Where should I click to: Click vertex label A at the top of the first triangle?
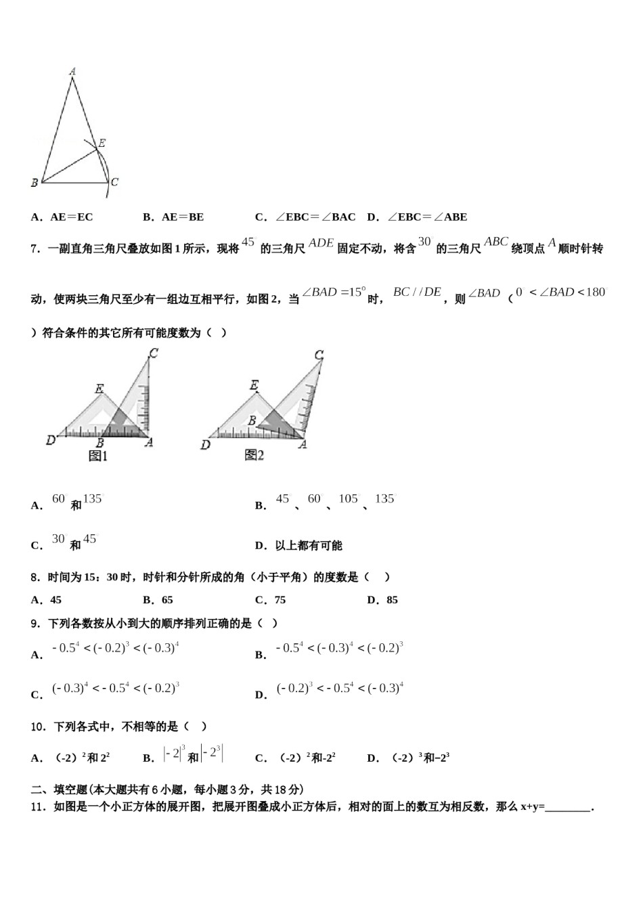pos(72,70)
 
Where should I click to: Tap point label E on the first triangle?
pos(102,143)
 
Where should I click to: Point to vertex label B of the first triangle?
pos(34,182)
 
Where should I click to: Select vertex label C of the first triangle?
pos(114,181)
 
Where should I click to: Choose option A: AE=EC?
pos(62,217)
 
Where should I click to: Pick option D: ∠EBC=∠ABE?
pos(417,217)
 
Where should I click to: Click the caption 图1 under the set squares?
pos(98,456)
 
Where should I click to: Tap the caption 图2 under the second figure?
pos(254,456)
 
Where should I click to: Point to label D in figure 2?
pos(205,444)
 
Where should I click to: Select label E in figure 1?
pos(99,389)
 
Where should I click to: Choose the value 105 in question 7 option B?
pos(349,499)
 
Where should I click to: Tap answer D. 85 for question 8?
pos(382,600)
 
